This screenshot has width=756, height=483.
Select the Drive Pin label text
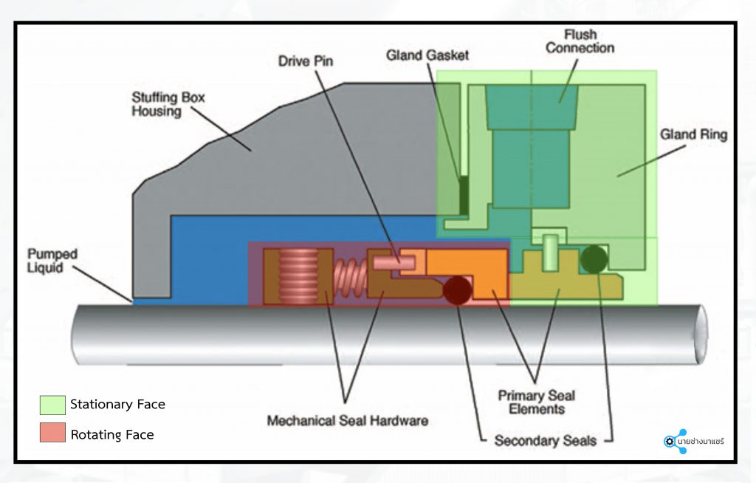point(306,61)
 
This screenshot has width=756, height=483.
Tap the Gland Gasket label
point(427,56)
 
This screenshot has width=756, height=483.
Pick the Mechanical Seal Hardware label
point(347,421)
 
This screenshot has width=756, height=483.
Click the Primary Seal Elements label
point(536,402)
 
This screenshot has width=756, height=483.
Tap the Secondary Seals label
point(544,441)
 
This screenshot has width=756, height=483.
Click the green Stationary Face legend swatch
point(52,404)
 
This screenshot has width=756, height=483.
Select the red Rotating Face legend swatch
point(52,434)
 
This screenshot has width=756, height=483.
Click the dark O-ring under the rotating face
point(458,291)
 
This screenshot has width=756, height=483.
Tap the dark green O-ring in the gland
point(594,258)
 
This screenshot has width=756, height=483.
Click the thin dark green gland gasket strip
point(464,194)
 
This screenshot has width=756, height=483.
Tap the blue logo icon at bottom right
point(675,441)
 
